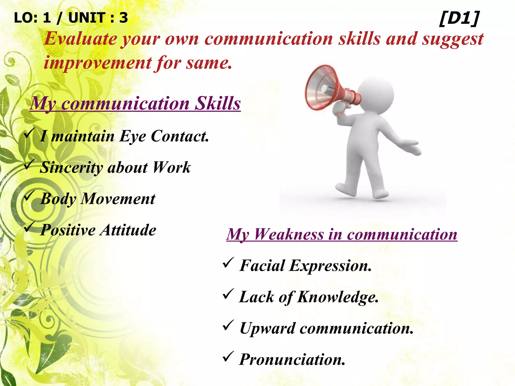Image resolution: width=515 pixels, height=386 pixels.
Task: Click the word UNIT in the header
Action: pyautogui.click(x=87, y=18)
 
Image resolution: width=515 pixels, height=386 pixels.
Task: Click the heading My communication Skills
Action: pyautogui.click(x=135, y=104)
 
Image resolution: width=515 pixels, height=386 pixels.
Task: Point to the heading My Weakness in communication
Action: pyautogui.click(x=342, y=234)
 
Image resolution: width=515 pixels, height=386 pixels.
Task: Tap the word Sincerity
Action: pyautogui.click(x=71, y=168)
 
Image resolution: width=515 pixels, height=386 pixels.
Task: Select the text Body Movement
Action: pyautogui.click(x=98, y=199)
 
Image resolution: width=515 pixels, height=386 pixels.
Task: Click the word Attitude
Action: pyautogui.click(x=128, y=230)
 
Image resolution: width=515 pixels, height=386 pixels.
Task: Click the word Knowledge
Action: pyautogui.click(x=338, y=297)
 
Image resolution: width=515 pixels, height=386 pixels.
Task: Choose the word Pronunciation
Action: pyautogui.click(x=292, y=360)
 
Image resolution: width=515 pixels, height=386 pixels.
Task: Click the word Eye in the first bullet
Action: pyautogui.click(x=133, y=136)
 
